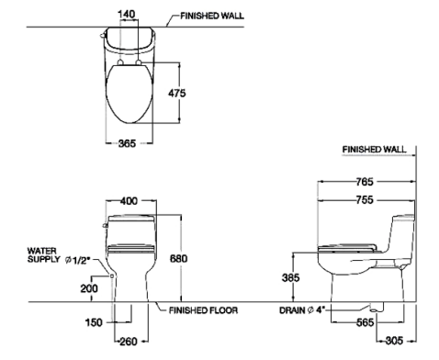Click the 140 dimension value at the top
[x=126, y=14]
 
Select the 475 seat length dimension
[x=176, y=93]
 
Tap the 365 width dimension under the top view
[x=127, y=143]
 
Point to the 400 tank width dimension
[x=129, y=201]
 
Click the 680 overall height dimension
[x=178, y=259]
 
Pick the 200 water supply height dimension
[x=89, y=288]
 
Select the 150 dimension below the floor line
[x=94, y=322]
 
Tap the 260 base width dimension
[x=129, y=341]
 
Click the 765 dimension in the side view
[x=365, y=182]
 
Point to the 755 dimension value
[x=365, y=200]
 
